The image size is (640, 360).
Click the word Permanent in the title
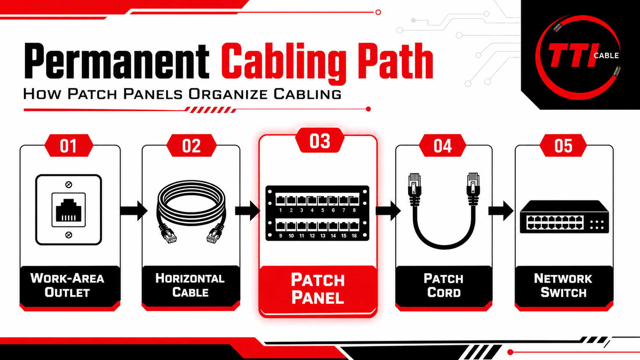click(117, 61)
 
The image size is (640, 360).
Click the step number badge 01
click(69, 146)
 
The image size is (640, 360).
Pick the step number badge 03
click(320, 140)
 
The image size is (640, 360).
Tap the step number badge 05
click(563, 146)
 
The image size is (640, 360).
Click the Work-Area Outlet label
click(67, 285)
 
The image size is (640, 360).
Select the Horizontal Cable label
click(190, 285)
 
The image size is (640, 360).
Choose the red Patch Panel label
click(318, 288)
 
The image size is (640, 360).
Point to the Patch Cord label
click(443, 285)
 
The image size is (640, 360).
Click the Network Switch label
click(563, 285)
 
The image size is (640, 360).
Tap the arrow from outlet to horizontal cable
click(134, 211)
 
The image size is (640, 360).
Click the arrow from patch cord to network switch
click(501, 211)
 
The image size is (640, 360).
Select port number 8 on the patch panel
click(354, 210)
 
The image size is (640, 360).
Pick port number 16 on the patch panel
click(354, 236)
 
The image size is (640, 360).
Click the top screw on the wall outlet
click(69, 184)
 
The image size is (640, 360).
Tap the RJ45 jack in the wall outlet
click(69, 210)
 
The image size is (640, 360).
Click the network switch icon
click(564, 217)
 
